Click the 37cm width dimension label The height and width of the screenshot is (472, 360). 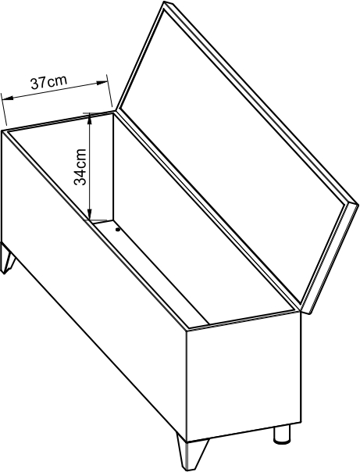48,82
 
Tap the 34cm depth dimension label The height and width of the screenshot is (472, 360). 80,166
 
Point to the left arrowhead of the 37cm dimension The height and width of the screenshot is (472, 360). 7,98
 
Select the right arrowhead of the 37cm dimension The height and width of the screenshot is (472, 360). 102,83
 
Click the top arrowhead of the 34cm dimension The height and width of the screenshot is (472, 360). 89,119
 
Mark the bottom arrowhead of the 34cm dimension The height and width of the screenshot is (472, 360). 89,213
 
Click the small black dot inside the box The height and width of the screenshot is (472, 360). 118,230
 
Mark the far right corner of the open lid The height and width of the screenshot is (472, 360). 357,205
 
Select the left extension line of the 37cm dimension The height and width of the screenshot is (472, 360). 4,109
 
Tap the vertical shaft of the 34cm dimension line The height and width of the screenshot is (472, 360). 89,166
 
